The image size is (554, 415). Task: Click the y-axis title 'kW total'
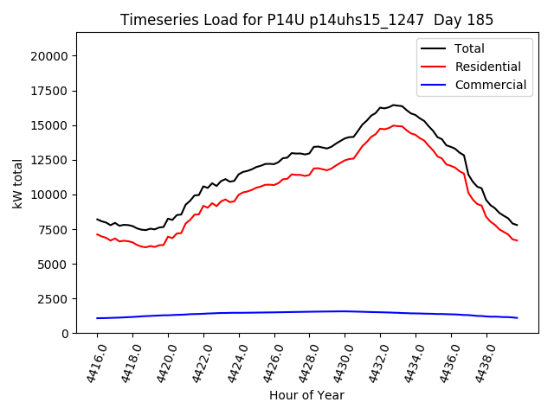point(18,182)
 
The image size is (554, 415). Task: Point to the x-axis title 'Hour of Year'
point(306,395)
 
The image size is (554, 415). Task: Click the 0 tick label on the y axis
point(65,333)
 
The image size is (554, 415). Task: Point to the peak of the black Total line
point(394,105)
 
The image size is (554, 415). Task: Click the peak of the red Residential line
point(394,125)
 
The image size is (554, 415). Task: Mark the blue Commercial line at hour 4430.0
point(345,311)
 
